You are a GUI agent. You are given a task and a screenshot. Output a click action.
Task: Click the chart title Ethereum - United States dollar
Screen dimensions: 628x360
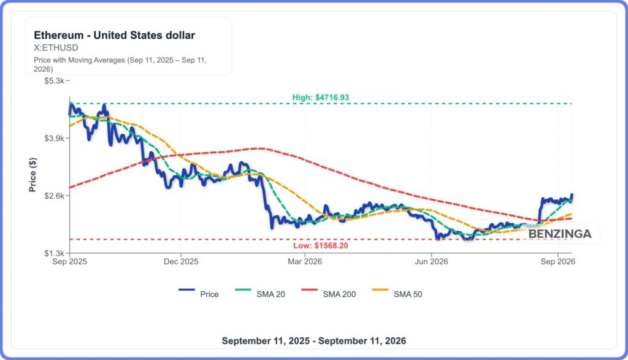114,35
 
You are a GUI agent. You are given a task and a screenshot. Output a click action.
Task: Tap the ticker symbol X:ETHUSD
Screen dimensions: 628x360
56,48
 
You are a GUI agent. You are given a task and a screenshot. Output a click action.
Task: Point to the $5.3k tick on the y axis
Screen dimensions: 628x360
54,81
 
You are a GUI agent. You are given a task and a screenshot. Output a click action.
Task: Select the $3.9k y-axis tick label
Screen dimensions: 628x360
54,138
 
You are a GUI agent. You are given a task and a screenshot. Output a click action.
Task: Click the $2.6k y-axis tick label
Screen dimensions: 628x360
54,196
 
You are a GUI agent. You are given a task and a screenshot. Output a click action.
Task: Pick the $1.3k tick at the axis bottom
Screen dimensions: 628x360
54,253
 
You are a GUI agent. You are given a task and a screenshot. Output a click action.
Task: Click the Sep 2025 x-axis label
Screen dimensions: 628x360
70,261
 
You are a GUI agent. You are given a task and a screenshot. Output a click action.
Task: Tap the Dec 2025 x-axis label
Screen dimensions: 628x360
181,261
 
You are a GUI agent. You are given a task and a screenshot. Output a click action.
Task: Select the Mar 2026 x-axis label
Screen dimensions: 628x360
305,261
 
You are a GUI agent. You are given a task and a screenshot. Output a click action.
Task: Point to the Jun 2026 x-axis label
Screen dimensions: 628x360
431,261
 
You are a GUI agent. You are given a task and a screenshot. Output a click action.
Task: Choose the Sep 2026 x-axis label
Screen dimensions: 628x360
558,261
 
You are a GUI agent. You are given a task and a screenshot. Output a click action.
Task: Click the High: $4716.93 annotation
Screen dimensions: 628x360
320,98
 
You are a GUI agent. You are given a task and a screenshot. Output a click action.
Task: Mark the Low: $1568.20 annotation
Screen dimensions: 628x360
320,245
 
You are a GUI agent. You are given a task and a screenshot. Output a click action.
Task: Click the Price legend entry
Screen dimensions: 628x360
199,294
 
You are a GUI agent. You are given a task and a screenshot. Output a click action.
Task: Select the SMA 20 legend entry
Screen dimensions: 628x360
260,294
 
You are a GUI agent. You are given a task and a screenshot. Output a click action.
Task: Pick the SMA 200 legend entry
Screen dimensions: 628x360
329,294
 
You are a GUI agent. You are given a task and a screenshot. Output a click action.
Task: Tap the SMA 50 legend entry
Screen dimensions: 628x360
397,294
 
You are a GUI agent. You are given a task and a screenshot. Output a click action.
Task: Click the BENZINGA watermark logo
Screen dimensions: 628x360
560,234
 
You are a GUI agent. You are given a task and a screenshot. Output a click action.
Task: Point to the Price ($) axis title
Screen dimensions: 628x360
33,175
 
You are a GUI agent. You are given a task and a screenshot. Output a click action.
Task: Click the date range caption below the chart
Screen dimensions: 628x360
314,341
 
